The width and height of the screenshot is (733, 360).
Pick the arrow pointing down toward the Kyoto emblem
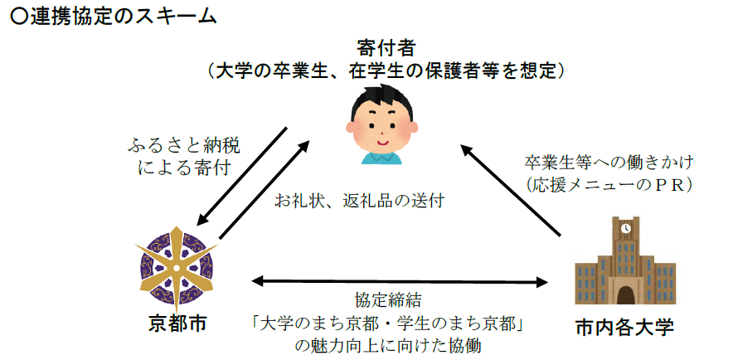click(x=242, y=176)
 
